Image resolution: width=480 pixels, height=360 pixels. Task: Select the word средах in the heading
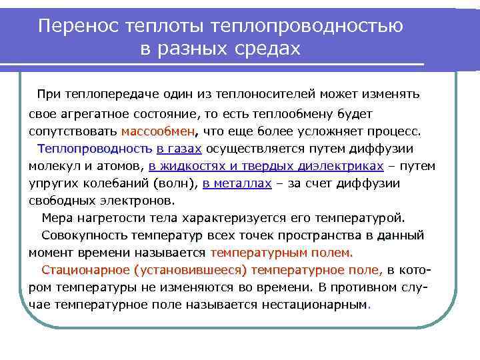point(269,49)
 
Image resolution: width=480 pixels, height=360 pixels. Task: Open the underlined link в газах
point(180,148)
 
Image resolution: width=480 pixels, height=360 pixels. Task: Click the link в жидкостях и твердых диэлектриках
point(267,165)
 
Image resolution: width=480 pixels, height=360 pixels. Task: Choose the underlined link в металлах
point(238,183)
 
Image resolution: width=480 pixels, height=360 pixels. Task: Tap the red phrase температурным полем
point(282,253)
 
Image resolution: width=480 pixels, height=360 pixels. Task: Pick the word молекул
point(50,165)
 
